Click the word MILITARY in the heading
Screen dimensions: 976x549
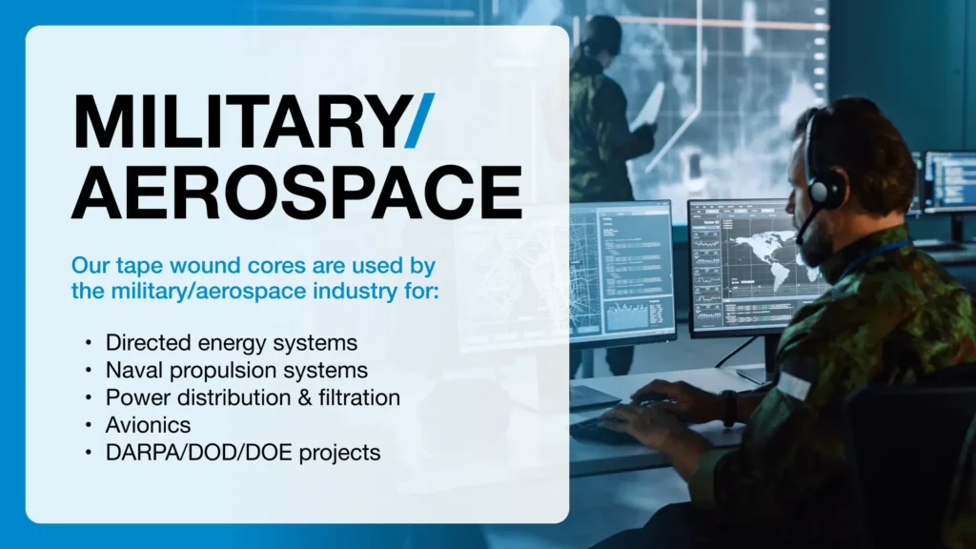[x=240, y=121]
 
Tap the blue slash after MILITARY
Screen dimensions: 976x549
[x=419, y=121]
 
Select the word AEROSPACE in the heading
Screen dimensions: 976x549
[x=297, y=192]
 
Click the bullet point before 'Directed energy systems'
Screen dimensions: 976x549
[x=89, y=342]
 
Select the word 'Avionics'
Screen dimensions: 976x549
[x=148, y=425]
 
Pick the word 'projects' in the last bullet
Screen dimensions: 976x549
[x=340, y=453]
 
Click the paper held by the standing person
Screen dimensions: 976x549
[x=647, y=109]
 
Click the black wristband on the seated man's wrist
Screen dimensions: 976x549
[x=730, y=408]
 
